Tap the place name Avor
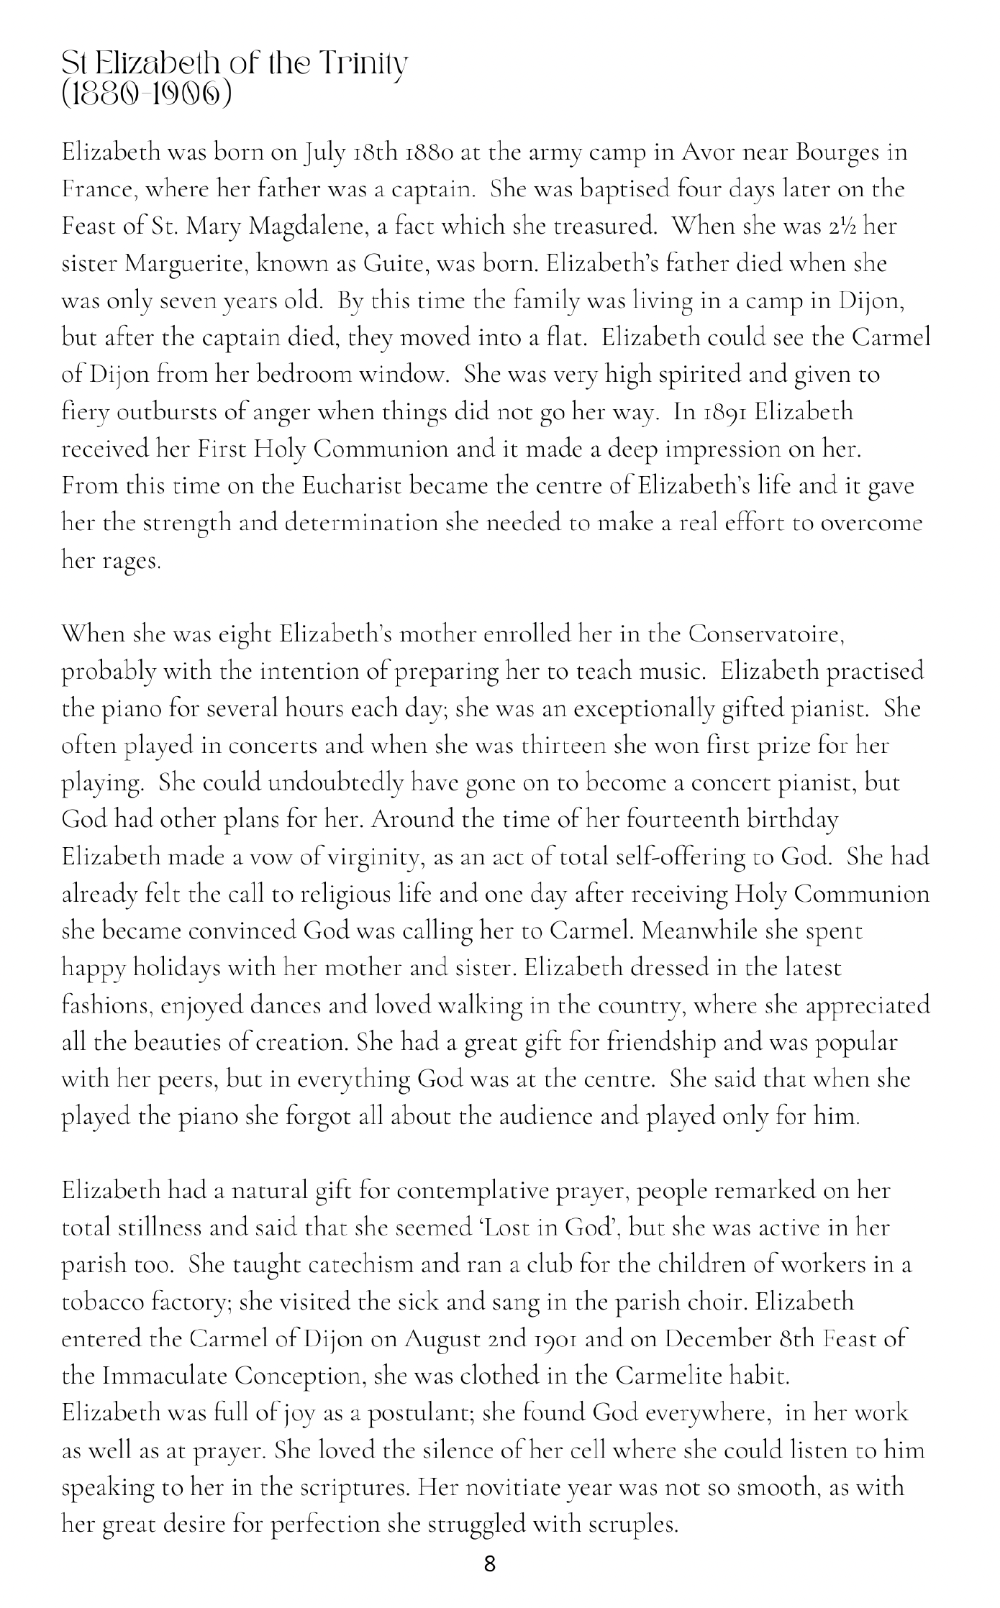(709, 153)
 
